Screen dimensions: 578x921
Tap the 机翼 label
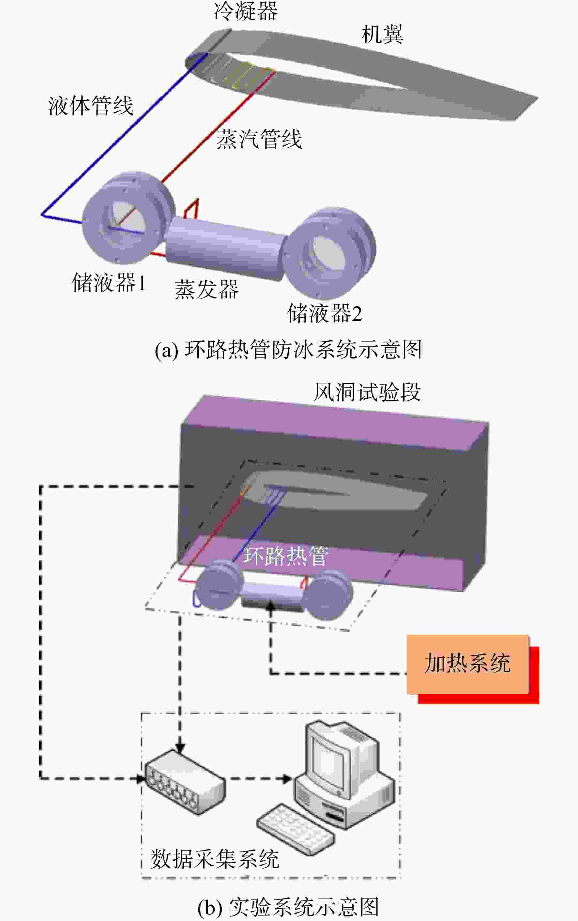click(382, 34)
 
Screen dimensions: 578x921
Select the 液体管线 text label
click(91, 106)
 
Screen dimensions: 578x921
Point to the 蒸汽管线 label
click(259, 139)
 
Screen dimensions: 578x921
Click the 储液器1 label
click(109, 283)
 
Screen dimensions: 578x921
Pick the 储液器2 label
click(324, 313)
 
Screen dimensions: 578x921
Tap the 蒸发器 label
click(206, 289)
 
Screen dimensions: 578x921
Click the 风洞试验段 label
click(367, 392)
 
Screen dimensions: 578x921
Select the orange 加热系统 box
click(467, 665)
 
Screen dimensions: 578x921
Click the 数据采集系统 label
click(214, 859)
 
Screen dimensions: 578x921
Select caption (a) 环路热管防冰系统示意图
click(288, 349)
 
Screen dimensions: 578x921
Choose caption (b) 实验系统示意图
click(288, 907)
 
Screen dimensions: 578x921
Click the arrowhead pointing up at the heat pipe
click(271, 605)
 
